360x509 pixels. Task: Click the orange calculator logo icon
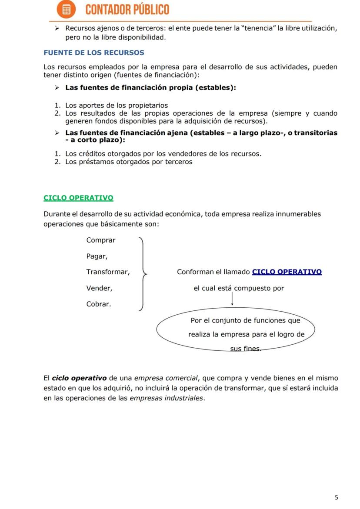click(67, 10)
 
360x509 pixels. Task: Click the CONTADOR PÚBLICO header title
click(127, 10)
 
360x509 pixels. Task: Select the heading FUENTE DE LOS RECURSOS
click(94, 53)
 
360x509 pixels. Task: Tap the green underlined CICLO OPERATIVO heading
click(78, 198)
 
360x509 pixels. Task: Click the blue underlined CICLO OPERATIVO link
click(287, 272)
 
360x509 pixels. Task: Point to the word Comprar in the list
click(101, 240)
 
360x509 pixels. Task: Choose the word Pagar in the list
click(97, 256)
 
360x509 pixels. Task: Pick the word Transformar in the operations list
click(108, 272)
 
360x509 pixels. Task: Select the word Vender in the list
click(99, 288)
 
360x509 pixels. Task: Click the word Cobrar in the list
click(99, 304)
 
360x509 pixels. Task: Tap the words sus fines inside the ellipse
click(246, 349)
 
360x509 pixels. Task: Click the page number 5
click(336, 497)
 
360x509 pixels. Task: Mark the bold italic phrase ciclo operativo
click(79, 378)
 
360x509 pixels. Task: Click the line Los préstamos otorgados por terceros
click(129, 162)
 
